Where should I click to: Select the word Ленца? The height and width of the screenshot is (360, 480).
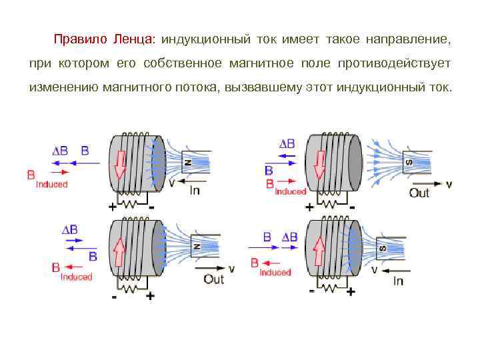pyautogui.click(x=133, y=39)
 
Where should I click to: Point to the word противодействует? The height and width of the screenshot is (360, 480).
pyautogui.click(x=395, y=64)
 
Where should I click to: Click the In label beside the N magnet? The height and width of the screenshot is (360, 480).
pyautogui.click(x=195, y=191)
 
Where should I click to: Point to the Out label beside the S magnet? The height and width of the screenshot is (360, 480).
pyautogui.click(x=419, y=193)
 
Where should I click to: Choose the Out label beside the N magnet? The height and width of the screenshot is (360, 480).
pyautogui.click(x=213, y=279)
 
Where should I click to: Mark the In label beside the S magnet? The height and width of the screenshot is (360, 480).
pyautogui.click(x=397, y=281)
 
